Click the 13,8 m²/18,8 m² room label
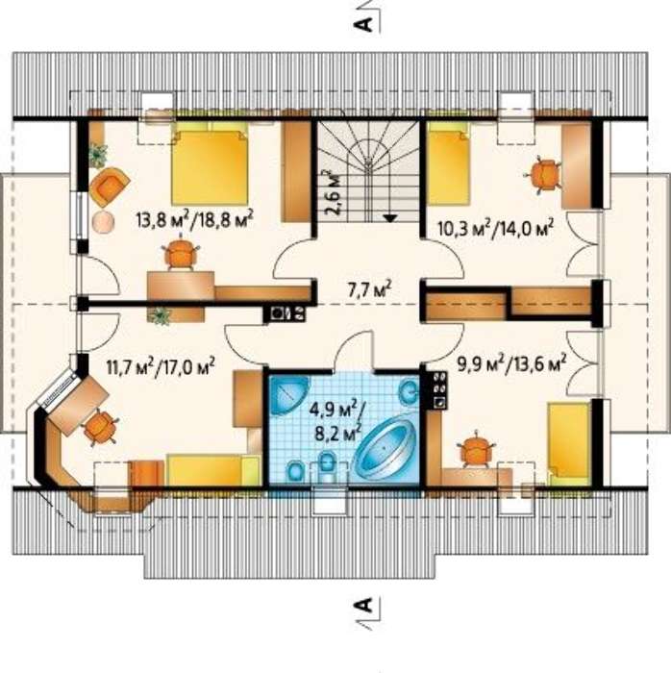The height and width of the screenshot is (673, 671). tap(194, 219)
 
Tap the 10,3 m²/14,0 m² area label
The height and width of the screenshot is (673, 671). tap(495, 229)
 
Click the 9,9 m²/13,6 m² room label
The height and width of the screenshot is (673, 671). tap(511, 364)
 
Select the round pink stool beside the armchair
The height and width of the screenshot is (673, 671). tap(103, 221)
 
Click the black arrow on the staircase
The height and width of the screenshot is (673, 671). tap(389, 218)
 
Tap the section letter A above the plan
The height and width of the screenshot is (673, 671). tap(362, 24)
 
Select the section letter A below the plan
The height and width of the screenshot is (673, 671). tap(362, 605)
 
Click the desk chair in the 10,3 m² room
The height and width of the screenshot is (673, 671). tap(544, 175)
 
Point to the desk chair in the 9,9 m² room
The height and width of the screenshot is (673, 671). tap(475, 449)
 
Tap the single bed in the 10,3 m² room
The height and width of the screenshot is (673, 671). tap(449, 163)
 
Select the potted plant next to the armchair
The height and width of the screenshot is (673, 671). tap(98, 156)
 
